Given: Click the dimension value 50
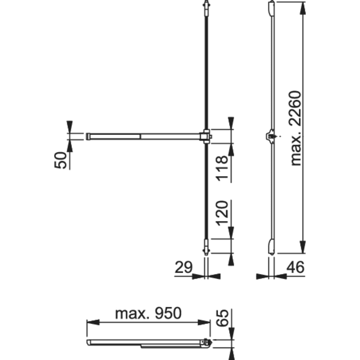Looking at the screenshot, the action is pos(61,160).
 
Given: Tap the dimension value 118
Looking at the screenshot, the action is pos(222,168).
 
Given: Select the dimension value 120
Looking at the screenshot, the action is pos(222,213).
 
